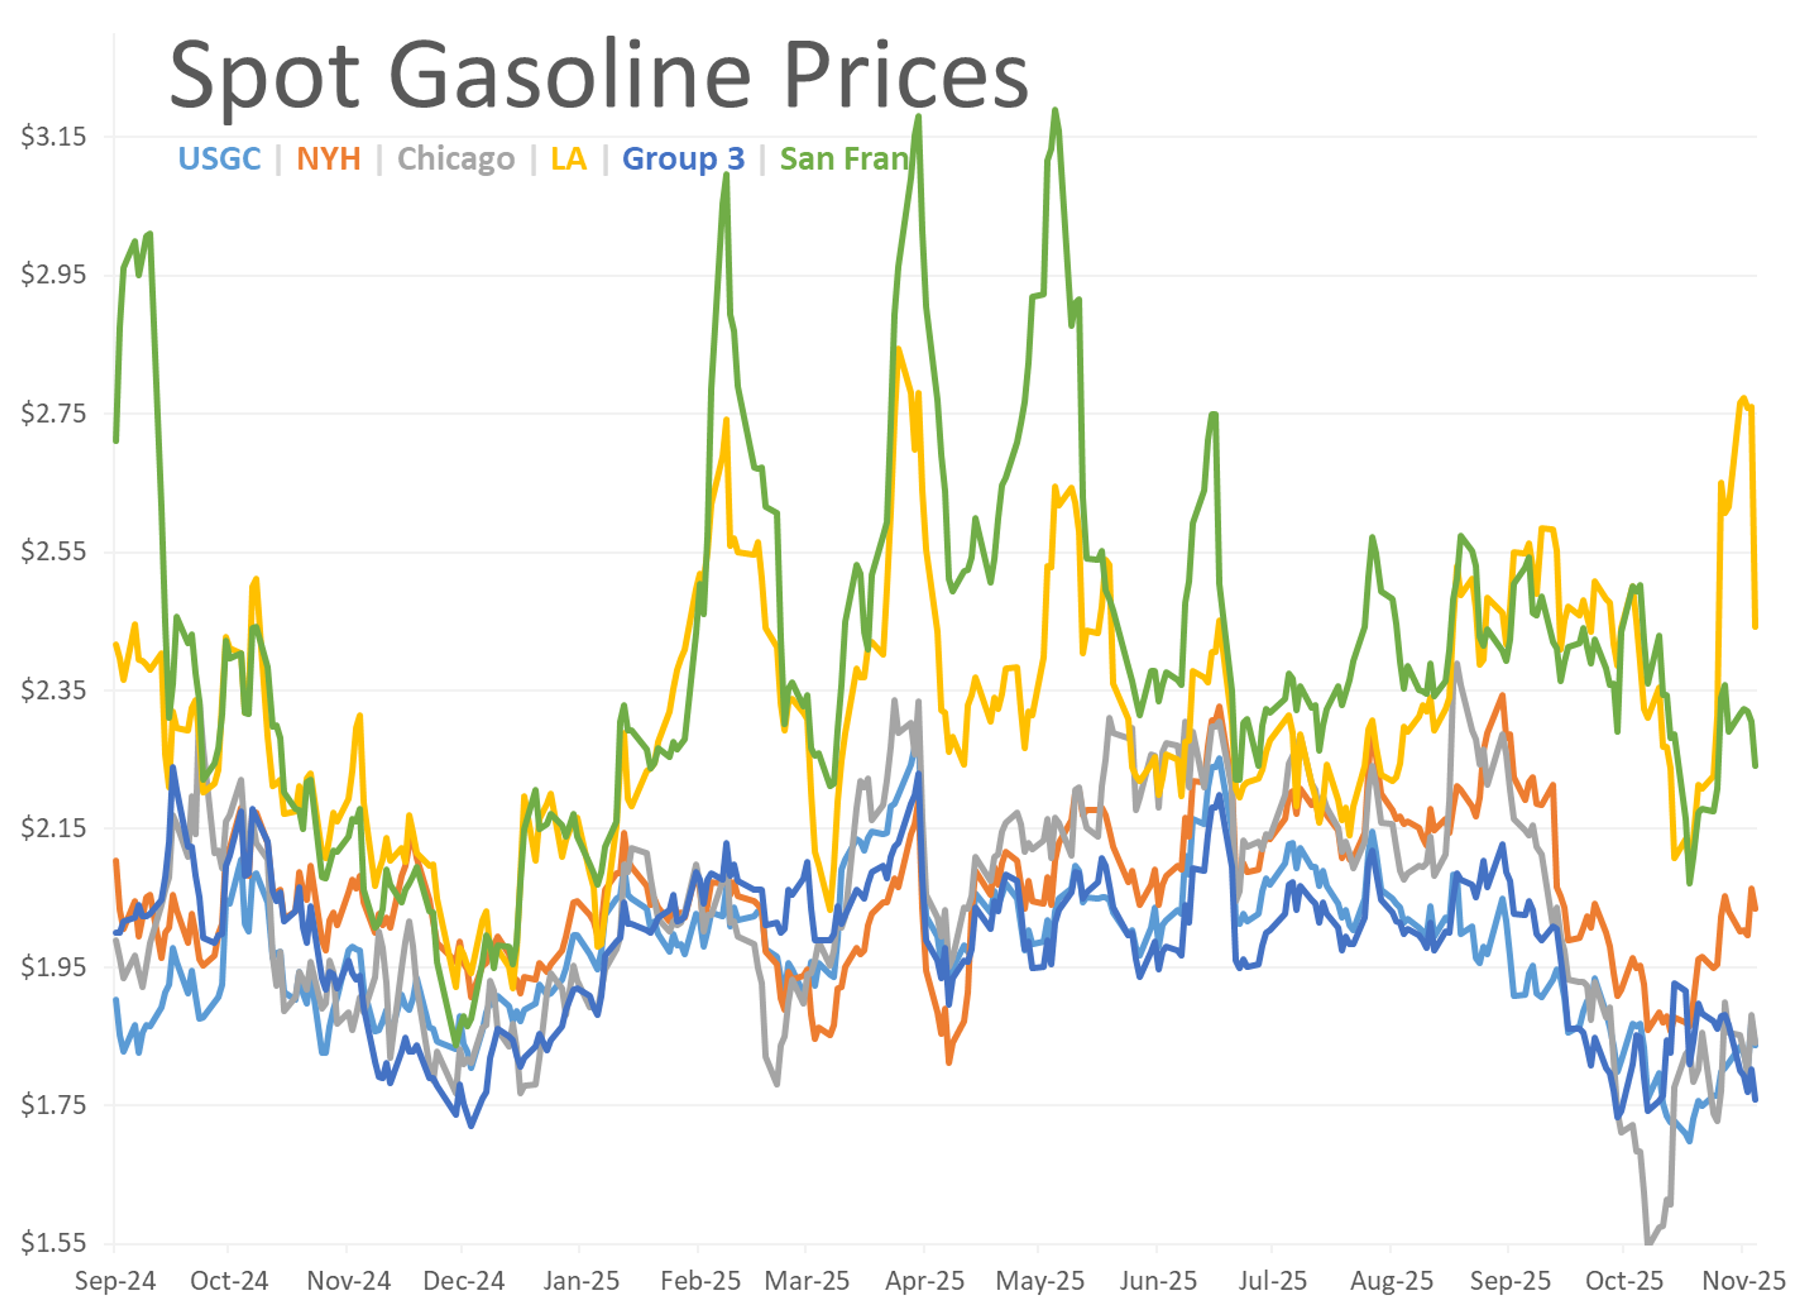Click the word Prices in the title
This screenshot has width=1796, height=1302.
tap(905, 76)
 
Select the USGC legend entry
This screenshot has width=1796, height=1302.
tap(219, 159)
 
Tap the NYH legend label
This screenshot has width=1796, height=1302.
tap(329, 159)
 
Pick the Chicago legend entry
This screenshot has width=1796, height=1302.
tap(456, 159)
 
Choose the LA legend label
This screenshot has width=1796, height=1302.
tap(569, 159)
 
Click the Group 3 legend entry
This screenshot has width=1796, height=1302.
tap(683, 159)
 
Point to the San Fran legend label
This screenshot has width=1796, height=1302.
tap(844, 159)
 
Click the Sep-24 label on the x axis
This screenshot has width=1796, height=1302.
tap(116, 1280)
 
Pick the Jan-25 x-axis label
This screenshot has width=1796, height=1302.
tap(581, 1280)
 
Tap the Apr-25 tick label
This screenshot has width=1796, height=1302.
tap(925, 1280)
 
